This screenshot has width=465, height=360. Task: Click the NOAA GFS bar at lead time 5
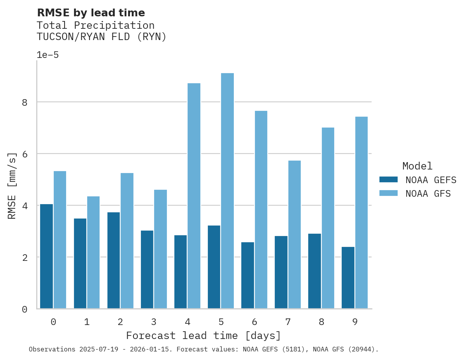coord(227,190)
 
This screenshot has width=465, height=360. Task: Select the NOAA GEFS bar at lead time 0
coord(46,256)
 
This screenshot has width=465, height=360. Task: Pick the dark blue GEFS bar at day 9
coord(348,278)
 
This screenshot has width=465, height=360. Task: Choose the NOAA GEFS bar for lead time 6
coord(247,275)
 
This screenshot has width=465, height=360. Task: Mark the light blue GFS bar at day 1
coord(93,252)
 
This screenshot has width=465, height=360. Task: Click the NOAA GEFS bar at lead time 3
coord(147,269)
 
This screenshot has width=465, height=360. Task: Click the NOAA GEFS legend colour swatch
coord(388,180)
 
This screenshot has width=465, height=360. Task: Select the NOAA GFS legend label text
coord(428,194)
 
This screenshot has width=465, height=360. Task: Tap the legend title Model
coord(417,166)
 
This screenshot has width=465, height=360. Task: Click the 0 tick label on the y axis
coord(24,309)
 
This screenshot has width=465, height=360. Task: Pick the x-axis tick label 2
coord(120,322)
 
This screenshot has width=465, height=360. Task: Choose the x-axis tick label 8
coord(321,322)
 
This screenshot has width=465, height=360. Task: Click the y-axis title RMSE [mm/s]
coord(12,185)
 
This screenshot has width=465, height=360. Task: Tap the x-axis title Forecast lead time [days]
coord(203,336)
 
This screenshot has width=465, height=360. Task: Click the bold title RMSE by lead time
coord(91,13)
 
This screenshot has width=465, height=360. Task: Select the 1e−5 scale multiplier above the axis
coord(47,55)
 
